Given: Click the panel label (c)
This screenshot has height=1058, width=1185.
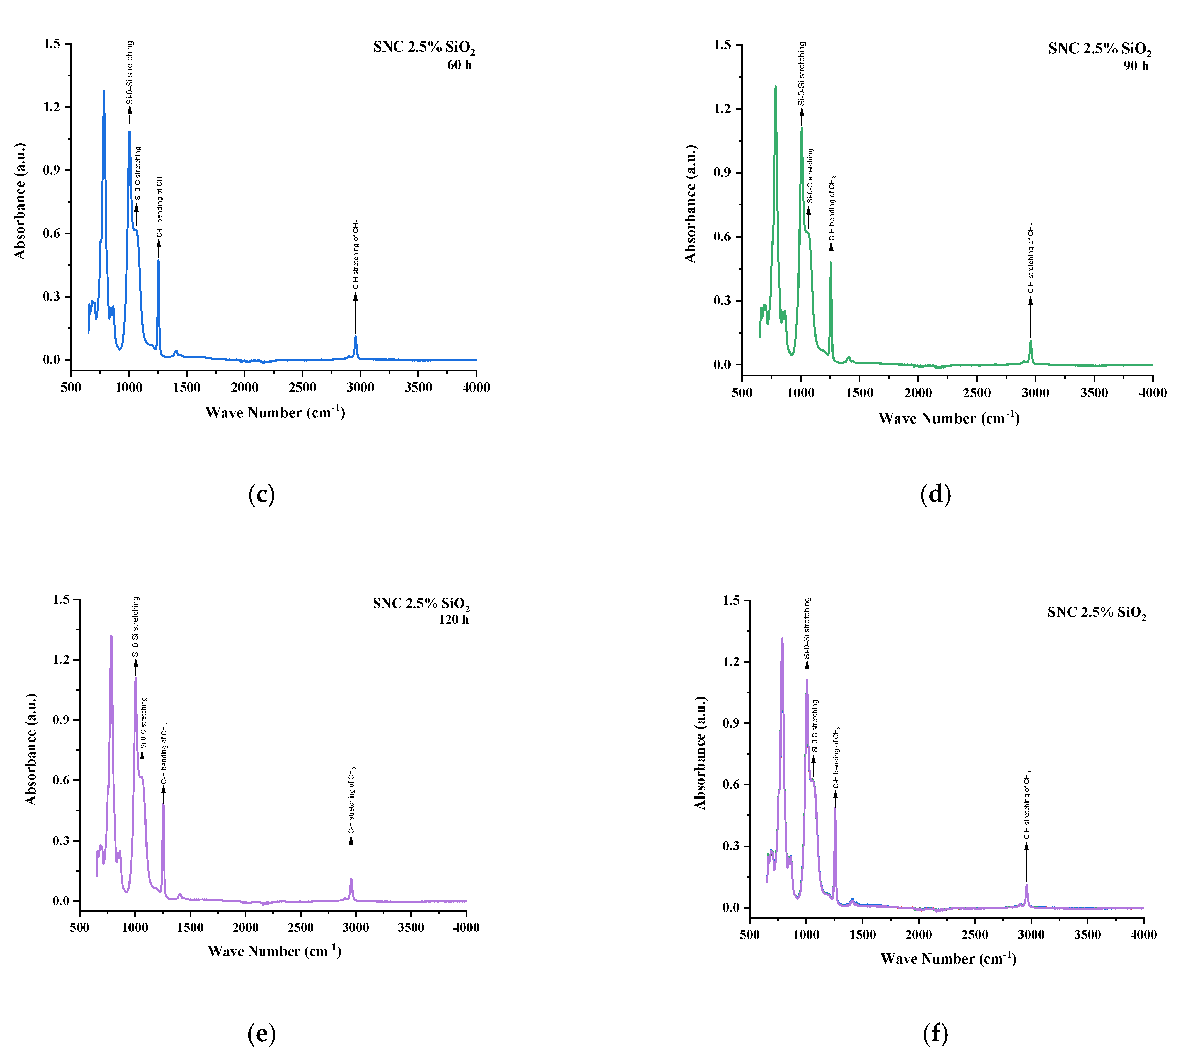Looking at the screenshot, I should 261,495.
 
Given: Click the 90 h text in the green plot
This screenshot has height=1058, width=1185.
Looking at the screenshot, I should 1136,66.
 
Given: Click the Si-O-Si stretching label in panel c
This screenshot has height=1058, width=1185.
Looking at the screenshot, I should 130,73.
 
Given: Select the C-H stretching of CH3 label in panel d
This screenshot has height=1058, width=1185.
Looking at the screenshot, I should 1030,258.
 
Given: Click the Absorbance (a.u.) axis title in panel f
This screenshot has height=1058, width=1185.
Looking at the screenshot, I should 700,753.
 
